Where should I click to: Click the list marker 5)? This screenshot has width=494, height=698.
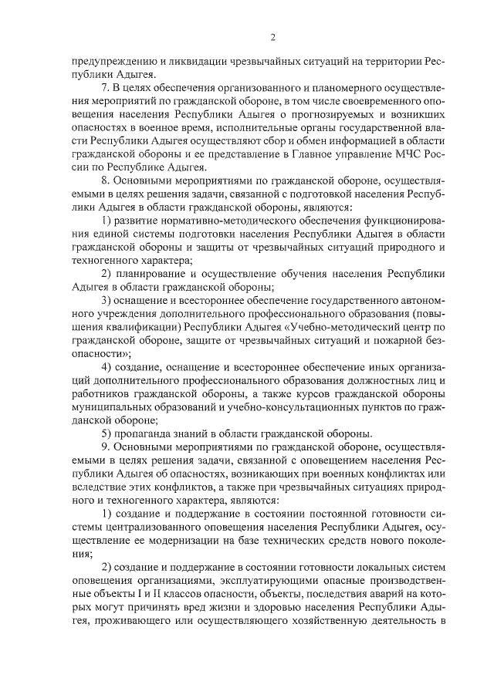[x=109, y=433]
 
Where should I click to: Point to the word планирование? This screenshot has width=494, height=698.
[x=154, y=271]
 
